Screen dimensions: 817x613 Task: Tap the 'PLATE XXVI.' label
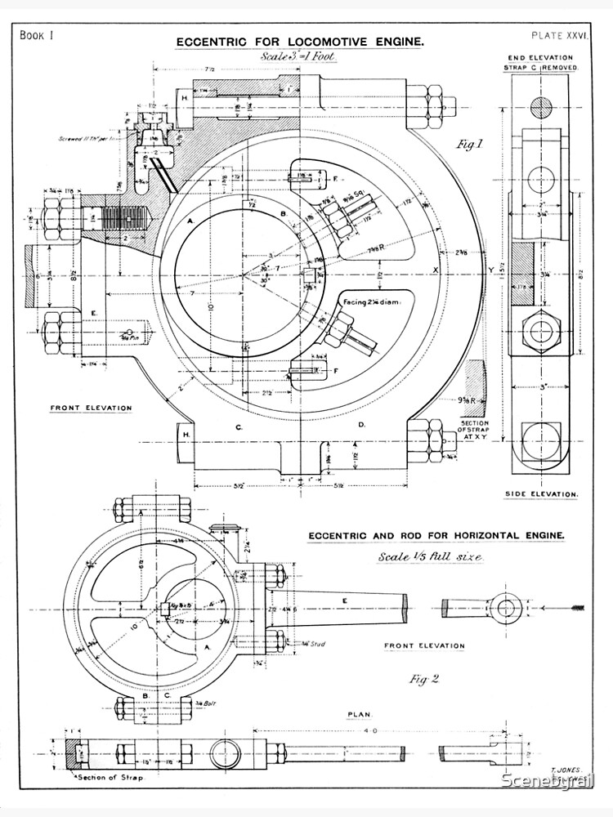pyautogui.click(x=559, y=35)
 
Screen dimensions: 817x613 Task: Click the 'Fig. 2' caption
pyautogui.click(x=422, y=679)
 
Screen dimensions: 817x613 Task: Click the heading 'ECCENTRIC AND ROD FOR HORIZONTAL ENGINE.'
pyautogui.click(x=436, y=535)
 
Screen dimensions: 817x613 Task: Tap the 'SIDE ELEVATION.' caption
pyautogui.click(x=544, y=494)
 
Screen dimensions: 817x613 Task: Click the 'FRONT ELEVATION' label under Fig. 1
pyautogui.click(x=91, y=408)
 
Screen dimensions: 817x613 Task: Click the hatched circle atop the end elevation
pyautogui.click(x=542, y=107)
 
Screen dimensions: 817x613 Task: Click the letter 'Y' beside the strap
pyautogui.click(x=490, y=270)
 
